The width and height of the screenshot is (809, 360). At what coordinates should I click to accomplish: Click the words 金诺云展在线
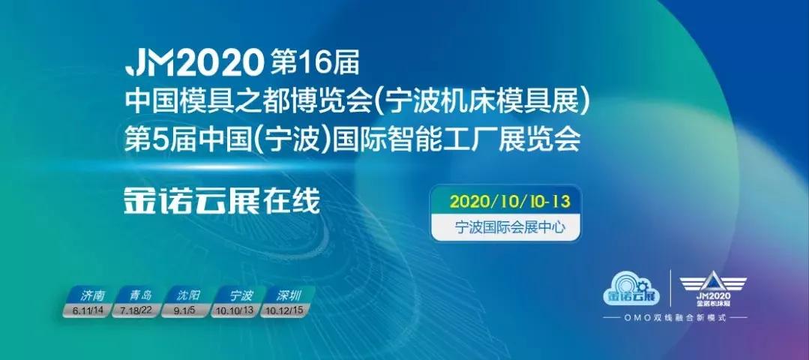tap(222, 200)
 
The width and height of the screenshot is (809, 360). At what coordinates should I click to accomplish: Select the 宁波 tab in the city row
tap(237, 295)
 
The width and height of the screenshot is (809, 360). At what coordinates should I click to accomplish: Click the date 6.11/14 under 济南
tap(88, 309)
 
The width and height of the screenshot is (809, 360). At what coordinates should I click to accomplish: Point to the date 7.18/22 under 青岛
tap(136, 309)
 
